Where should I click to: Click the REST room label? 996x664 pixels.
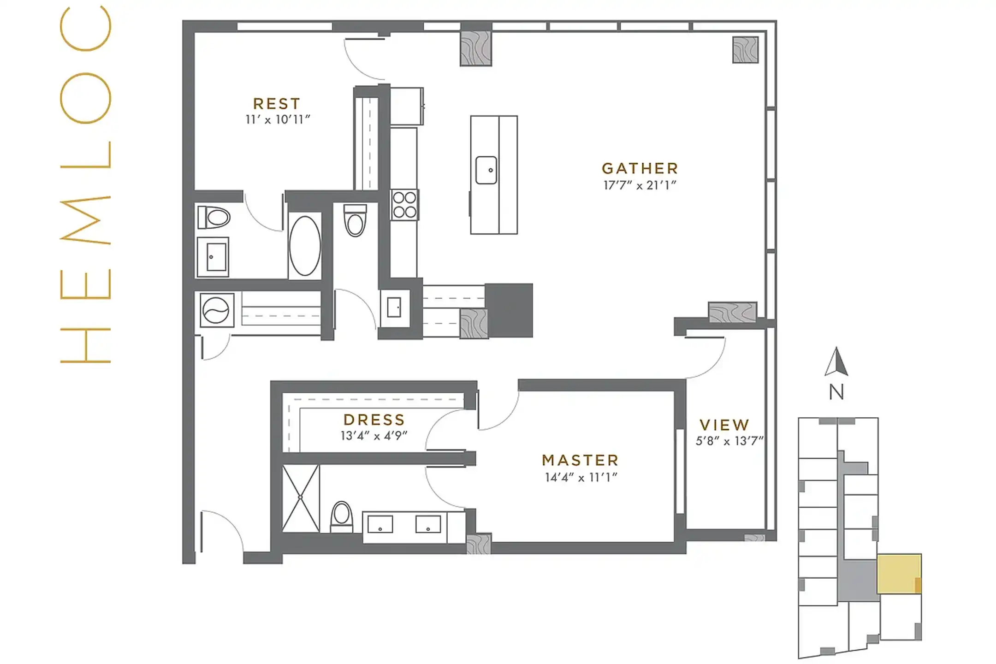pos(277,104)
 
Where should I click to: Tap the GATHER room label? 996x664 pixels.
pos(640,169)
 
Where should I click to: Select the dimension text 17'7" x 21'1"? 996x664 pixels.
pos(640,185)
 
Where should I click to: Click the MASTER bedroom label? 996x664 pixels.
pos(580,460)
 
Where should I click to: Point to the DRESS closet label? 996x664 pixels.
pos(374,420)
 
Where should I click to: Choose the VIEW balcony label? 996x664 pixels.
pos(724,425)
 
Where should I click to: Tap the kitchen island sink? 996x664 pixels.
pos(486,170)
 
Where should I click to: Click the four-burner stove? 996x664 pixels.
pos(404,205)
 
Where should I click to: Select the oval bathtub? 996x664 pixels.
pos(305,246)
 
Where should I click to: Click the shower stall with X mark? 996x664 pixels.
pos(300,498)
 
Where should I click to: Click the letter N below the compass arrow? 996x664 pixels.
pos(836,392)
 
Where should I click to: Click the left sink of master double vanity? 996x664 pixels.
pos(380,525)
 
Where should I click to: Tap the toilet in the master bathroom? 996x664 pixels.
pos(342,516)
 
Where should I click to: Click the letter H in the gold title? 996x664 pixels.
pos(86,345)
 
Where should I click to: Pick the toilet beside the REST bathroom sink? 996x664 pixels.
pos(213,217)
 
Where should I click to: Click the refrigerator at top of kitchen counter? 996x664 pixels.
pos(406,106)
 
